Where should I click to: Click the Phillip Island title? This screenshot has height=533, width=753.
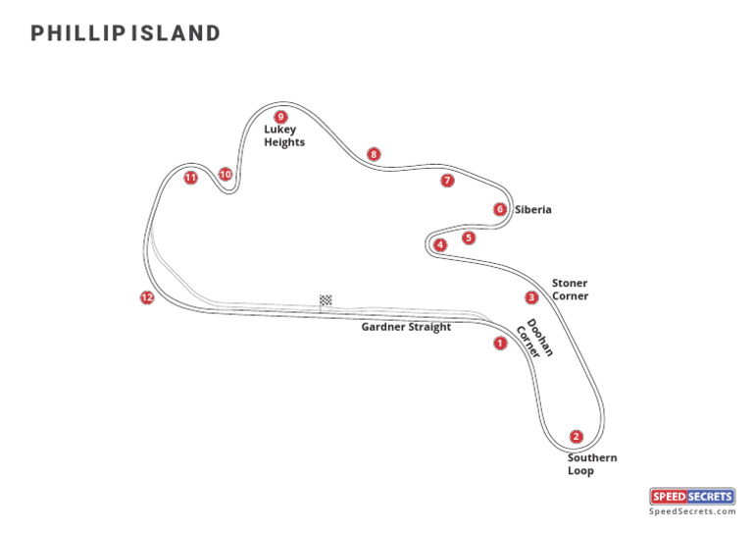pos(125,33)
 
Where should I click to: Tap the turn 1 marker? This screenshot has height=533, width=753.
pos(500,344)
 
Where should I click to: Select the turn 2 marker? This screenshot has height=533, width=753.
pos(577,437)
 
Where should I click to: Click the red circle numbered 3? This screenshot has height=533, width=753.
pos(531,297)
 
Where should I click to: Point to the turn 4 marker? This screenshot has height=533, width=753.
pos(440,244)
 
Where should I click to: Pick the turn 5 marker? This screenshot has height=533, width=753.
pos(469,238)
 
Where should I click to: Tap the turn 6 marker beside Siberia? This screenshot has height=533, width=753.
pos(500,209)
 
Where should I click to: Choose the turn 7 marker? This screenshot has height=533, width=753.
pos(447,181)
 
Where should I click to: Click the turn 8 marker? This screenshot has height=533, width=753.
pos(373,154)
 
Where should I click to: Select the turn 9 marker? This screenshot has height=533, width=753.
pos(280,117)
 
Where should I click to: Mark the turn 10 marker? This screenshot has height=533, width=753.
pos(226,175)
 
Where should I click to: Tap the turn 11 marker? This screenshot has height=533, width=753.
pos(190,178)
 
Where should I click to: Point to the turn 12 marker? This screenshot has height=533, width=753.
pos(147,297)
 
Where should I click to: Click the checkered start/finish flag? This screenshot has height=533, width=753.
pos(326,300)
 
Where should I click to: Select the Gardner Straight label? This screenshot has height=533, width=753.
pos(406,327)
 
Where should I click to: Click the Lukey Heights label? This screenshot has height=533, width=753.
pos(284,135)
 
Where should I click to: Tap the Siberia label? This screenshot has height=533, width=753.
pos(533,209)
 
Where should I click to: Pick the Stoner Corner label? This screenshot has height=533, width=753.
pos(570,290)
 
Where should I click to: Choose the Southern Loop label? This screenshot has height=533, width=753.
pos(592,464)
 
